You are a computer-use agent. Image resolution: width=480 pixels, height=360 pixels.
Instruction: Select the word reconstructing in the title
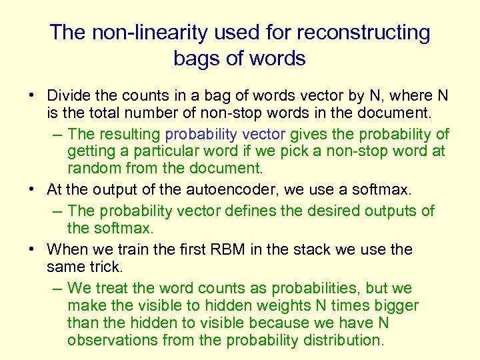pos(369,32)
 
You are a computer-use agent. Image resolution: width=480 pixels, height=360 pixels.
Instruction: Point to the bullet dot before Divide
pos(33,96)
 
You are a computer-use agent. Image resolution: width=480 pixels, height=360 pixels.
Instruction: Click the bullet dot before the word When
pos(33,250)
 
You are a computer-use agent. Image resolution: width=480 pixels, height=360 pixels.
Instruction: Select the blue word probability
pos(202,134)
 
